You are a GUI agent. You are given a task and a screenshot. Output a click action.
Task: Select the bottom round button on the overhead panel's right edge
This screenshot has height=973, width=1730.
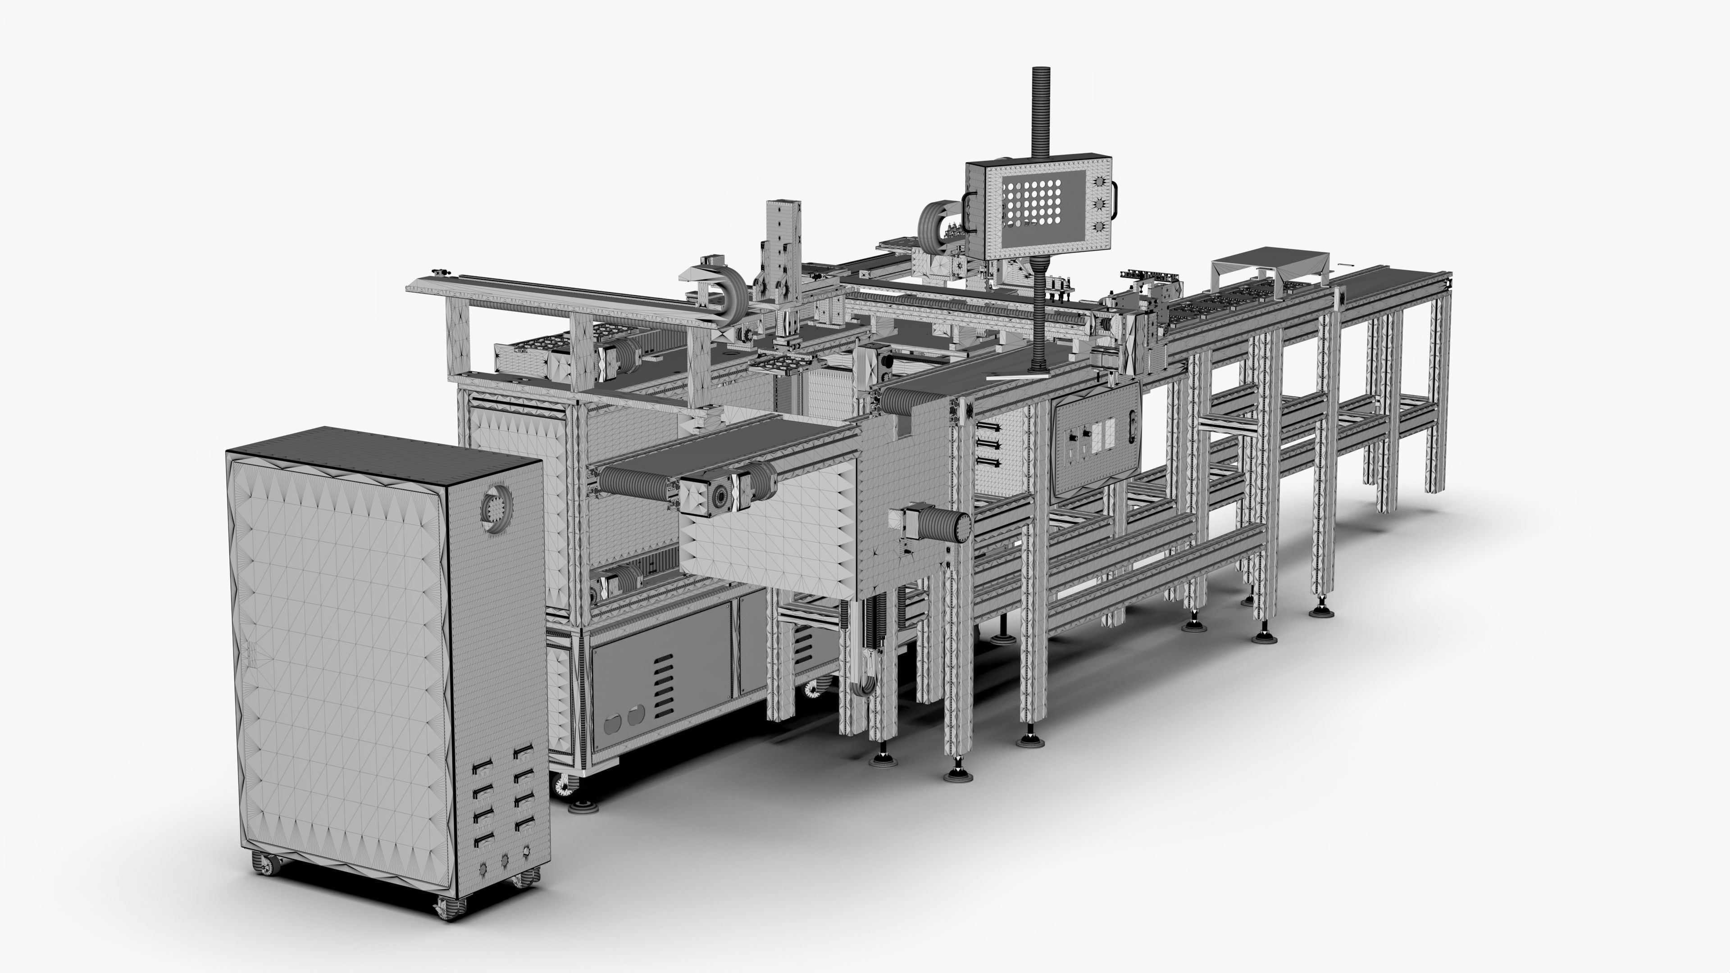pos(1099,226)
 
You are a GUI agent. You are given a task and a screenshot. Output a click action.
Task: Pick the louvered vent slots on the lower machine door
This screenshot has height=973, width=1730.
pos(663,685)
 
